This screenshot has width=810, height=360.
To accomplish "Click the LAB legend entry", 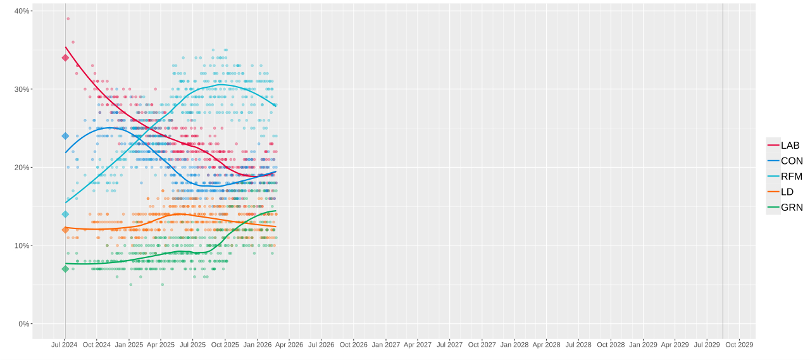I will pyautogui.click(x=784, y=146).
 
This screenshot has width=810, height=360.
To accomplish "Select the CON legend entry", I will pyautogui.click(x=784, y=161).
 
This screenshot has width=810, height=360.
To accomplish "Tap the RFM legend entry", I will pyautogui.click(x=784, y=177).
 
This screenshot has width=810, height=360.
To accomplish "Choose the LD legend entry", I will pyautogui.click(x=784, y=192).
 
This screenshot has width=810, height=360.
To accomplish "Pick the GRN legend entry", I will pyautogui.click(x=784, y=207).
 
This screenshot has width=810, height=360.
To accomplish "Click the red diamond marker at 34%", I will pyautogui.click(x=65, y=58).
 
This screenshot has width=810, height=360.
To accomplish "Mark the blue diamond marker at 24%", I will pyautogui.click(x=65, y=136).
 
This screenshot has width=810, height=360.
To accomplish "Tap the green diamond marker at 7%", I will pyautogui.click(x=65, y=269).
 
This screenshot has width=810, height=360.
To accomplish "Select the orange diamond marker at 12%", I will pyautogui.click(x=65, y=230).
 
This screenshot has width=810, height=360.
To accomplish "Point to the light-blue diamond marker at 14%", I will pyautogui.click(x=65, y=214).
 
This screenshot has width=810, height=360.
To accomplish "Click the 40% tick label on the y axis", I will pyautogui.click(x=22, y=11).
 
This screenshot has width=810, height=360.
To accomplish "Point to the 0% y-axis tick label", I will pyautogui.click(x=24, y=324).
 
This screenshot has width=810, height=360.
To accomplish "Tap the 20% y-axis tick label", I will pyautogui.click(x=22, y=167).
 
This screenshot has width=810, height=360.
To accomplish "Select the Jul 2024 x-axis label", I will pyautogui.click(x=65, y=345).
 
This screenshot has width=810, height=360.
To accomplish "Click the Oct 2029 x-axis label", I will pyautogui.click(x=739, y=345).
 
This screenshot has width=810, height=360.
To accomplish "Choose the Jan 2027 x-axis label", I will pyautogui.click(x=385, y=345).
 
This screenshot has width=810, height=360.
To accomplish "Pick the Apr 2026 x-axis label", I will pyautogui.click(x=289, y=345).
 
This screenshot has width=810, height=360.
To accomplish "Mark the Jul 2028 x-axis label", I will pyautogui.click(x=578, y=345).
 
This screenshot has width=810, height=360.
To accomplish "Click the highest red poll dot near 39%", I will pyautogui.click(x=68, y=18).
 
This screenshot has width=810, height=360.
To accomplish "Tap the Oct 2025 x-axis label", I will pyautogui.click(x=225, y=345).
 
